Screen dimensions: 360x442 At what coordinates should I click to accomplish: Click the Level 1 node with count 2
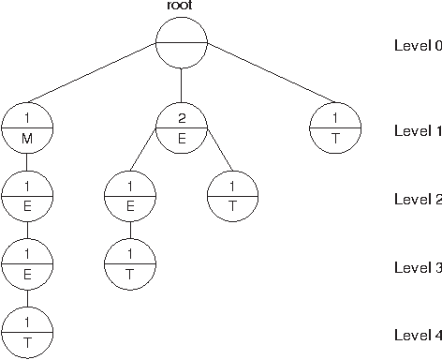[181, 128]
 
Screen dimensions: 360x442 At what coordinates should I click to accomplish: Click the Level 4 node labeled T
[27, 333]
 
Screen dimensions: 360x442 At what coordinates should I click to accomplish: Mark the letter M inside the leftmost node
[27, 139]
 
